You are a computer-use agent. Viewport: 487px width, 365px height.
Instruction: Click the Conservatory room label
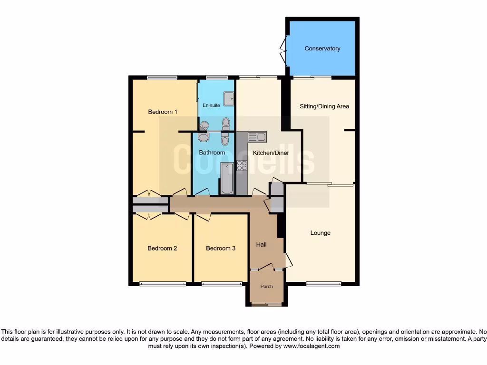click(322, 48)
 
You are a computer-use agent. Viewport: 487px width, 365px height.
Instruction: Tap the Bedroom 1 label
click(163, 112)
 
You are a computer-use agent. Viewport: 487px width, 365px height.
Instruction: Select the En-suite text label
click(211, 105)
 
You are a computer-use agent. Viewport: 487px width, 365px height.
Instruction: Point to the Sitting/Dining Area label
click(324, 106)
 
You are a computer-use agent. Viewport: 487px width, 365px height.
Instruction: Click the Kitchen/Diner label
click(271, 153)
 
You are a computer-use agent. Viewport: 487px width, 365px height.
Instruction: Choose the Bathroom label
click(212, 153)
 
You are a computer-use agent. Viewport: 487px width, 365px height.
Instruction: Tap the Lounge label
click(320, 233)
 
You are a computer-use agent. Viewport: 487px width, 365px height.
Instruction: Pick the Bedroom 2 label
click(162, 248)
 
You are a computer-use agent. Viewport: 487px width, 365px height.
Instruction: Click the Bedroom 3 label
click(221, 248)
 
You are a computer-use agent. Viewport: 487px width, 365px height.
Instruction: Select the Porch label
click(266, 286)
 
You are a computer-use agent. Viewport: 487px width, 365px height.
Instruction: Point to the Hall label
click(262, 245)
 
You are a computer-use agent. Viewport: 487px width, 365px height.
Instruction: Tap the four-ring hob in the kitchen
click(242, 165)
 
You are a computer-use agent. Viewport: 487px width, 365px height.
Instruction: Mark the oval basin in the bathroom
click(203, 137)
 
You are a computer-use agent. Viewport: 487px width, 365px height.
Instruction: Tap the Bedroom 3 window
click(222, 284)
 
